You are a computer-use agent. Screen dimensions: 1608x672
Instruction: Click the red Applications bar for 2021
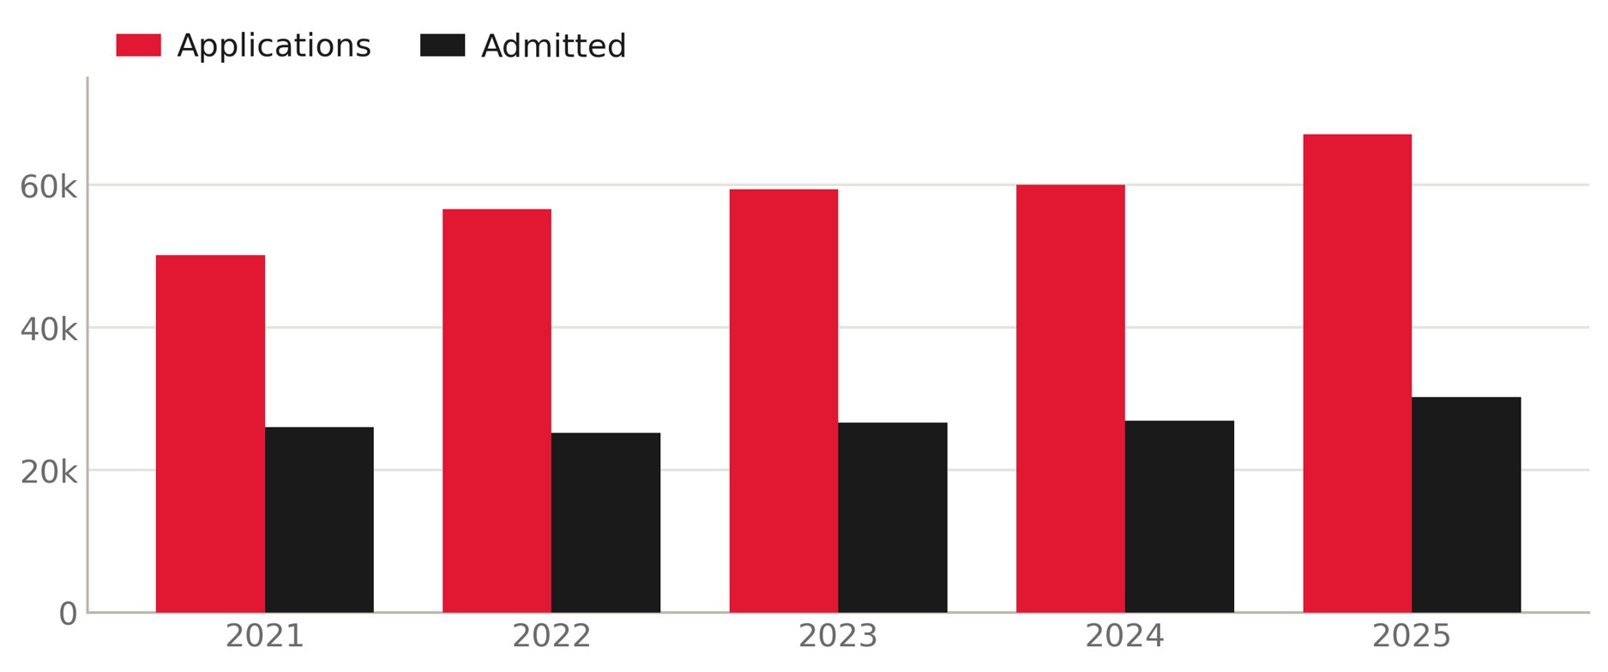click(x=210, y=433)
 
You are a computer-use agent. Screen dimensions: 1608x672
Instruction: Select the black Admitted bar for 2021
click(x=319, y=519)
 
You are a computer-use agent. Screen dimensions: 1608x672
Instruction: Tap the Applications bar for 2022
click(x=497, y=410)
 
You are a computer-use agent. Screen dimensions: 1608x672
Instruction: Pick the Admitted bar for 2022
click(x=605, y=523)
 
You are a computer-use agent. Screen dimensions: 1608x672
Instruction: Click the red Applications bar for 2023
click(x=784, y=401)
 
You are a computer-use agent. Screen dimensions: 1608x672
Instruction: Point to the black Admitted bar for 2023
click(x=893, y=518)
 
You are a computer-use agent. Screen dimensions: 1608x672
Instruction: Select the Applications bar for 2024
click(x=1070, y=398)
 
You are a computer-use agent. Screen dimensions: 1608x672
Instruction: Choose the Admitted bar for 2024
click(x=1179, y=517)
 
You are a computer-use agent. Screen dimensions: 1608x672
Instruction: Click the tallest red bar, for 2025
click(x=1358, y=373)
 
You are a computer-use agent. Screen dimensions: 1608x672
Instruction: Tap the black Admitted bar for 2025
click(x=1466, y=505)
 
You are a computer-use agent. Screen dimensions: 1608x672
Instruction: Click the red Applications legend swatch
click(x=138, y=45)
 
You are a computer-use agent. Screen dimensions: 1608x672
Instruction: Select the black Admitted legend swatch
click(x=443, y=45)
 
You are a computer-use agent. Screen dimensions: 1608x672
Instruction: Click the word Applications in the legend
click(x=274, y=46)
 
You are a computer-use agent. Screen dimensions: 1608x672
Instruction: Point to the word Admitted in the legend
click(x=554, y=46)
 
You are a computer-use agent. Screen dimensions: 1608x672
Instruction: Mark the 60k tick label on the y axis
click(x=49, y=186)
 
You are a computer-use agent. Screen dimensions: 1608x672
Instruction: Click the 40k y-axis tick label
click(x=49, y=329)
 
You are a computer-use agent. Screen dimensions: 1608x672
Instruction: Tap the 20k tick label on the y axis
click(x=49, y=471)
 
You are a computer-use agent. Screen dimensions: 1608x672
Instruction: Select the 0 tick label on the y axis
click(x=68, y=614)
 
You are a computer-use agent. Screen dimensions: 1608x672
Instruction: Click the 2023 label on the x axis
click(x=838, y=637)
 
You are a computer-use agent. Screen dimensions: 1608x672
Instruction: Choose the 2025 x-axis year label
click(x=1412, y=637)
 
